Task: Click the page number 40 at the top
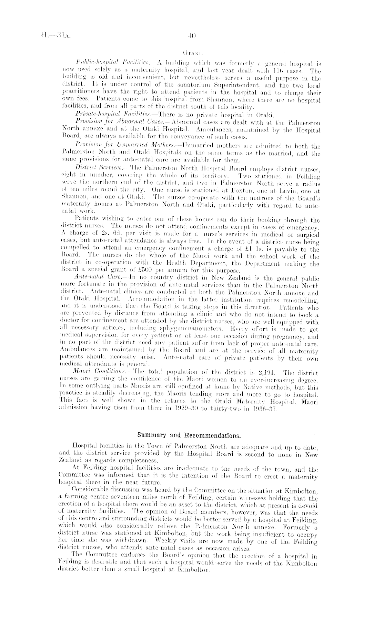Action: (x=192, y=35)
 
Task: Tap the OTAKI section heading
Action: (x=192, y=53)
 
